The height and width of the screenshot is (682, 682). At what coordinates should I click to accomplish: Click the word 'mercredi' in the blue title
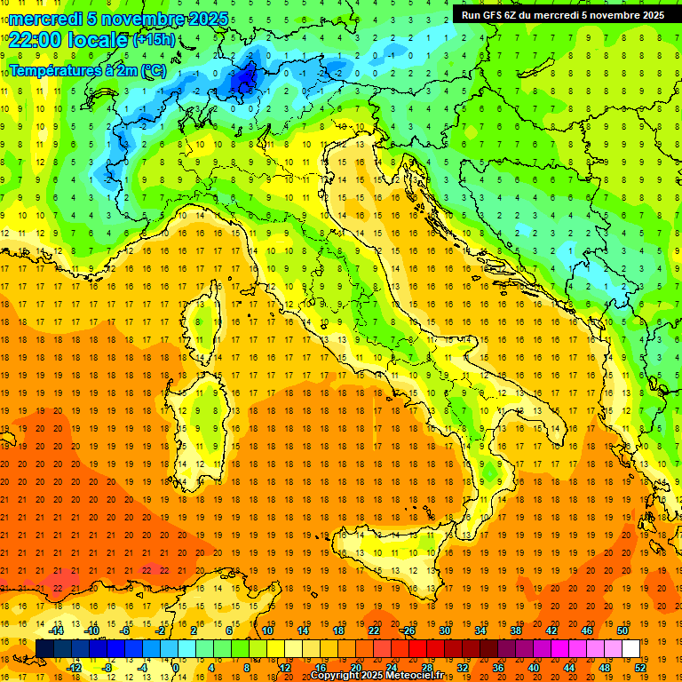coord(46,19)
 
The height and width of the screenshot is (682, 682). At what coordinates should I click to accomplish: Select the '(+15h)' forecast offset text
coord(154,40)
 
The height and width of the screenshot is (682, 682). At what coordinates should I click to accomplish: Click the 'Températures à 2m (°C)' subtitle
coord(88,70)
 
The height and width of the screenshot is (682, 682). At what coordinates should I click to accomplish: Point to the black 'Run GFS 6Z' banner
coord(562,14)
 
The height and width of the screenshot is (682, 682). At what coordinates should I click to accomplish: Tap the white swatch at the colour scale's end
coord(630,648)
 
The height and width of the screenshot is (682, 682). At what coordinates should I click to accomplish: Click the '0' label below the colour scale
coord(176,667)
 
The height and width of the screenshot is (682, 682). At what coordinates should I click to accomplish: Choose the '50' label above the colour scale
coord(623,630)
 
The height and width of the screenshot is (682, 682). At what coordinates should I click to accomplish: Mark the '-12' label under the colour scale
coord(74,667)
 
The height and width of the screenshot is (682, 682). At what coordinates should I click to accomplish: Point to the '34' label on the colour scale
coord(480,630)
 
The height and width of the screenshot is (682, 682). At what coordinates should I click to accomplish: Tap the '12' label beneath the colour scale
coord(285,667)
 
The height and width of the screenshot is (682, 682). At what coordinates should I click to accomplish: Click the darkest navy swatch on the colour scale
coord(44,648)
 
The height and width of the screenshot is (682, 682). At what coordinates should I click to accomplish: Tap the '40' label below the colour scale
coord(533,667)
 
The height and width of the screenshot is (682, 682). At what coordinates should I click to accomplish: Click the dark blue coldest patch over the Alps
coord(243,78)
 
